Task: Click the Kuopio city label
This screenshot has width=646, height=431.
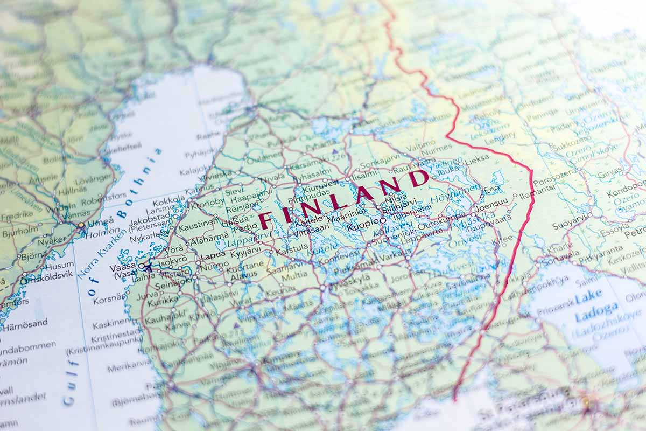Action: [362, 227]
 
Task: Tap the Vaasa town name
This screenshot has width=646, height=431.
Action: [122, 267]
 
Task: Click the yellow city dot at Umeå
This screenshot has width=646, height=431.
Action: [81, 225]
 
